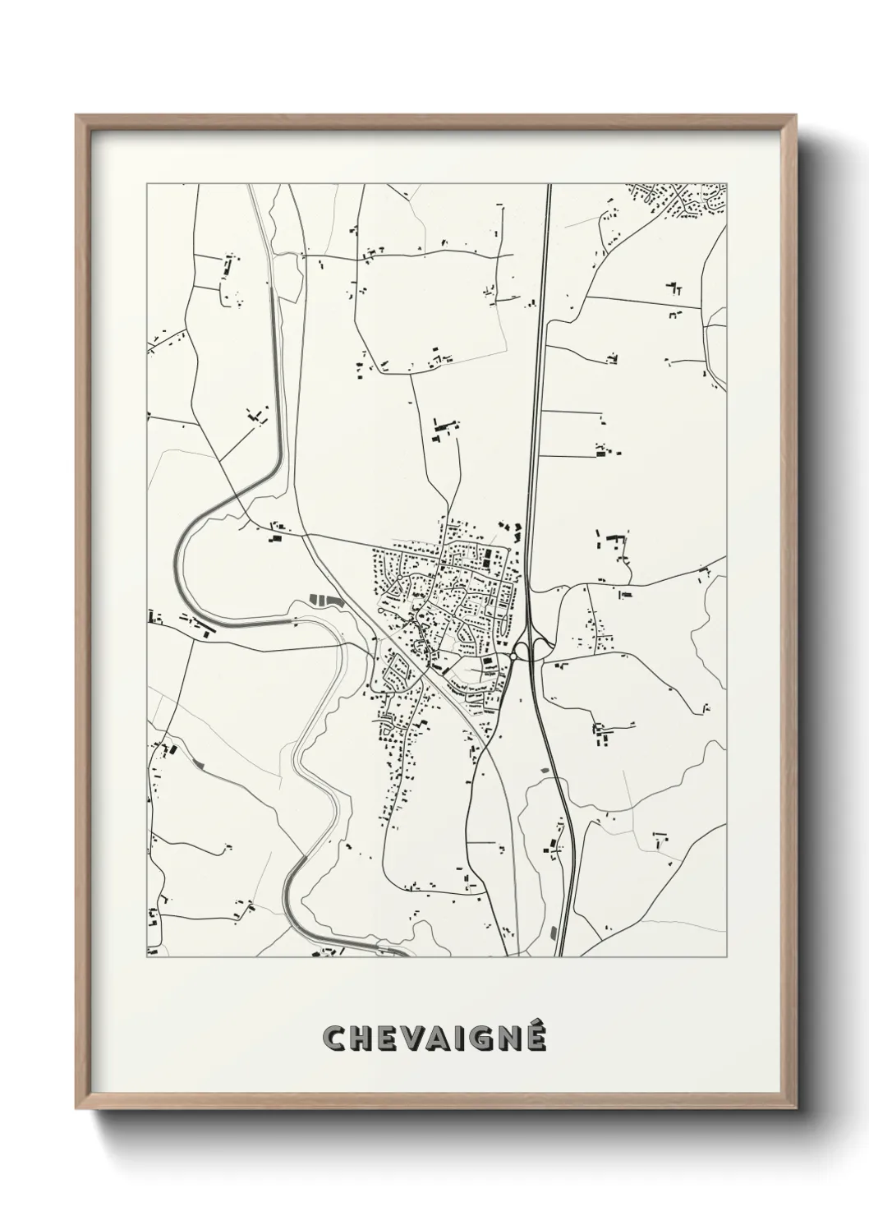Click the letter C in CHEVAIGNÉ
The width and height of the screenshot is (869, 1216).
click(337, 1039)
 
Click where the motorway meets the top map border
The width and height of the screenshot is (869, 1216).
click(548, 185)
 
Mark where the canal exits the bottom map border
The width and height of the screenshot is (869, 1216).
click(402, 956)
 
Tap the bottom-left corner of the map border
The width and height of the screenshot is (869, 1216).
click(147, 957)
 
